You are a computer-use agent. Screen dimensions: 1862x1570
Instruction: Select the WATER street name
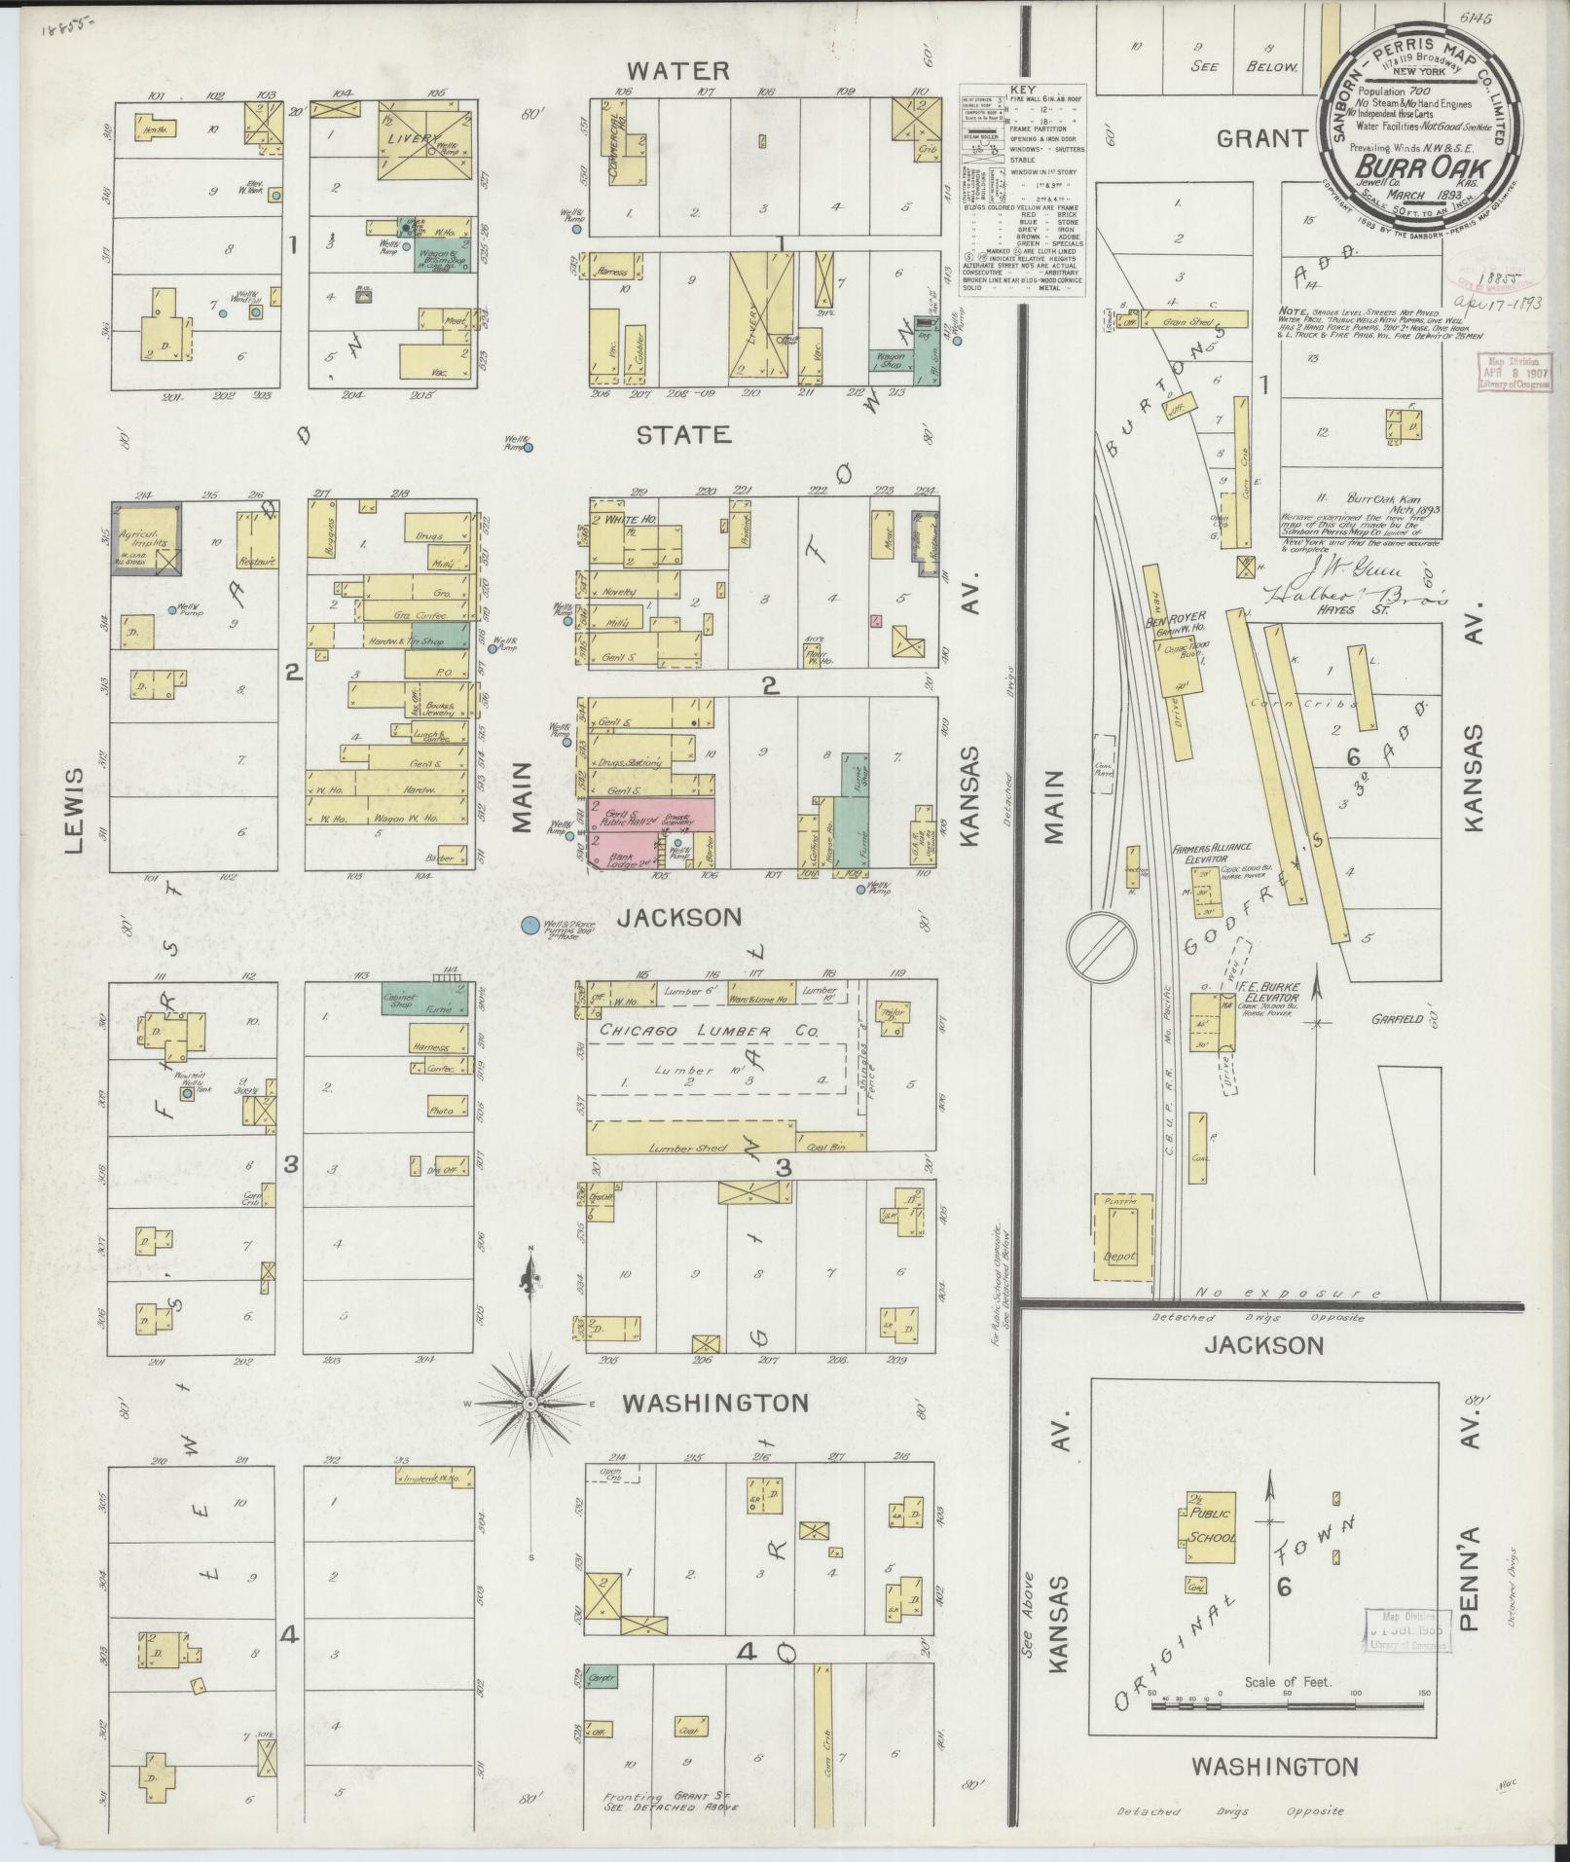tap(677, 71)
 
